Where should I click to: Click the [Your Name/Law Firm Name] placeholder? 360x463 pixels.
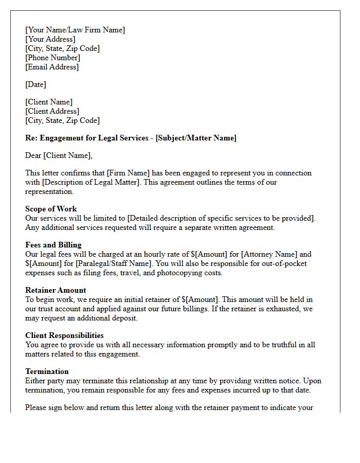(75, 30)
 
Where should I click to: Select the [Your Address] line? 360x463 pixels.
(50, 39)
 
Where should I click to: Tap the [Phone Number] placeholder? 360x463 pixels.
(52, 58)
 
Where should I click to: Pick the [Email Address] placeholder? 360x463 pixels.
(52, 67)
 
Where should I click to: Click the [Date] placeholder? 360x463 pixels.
(35, 84)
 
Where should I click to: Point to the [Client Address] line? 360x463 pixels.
(52, 111)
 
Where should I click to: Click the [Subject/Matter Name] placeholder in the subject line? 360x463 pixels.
(196, 138)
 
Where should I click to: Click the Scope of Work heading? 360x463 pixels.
(51, 209)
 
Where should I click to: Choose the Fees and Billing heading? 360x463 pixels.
(53, 245)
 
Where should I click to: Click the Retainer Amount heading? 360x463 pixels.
(56, 290)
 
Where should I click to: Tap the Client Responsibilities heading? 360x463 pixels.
(64, 335)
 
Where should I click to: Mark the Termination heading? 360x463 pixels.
(47, 371)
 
